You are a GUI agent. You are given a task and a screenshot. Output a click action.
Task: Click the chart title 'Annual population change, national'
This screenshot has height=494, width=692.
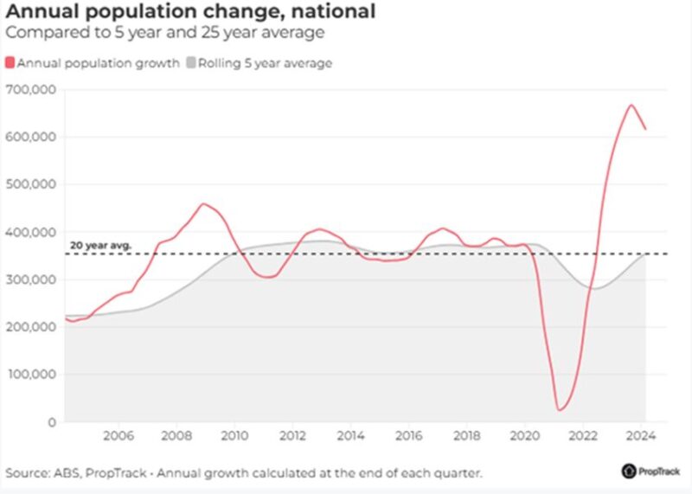[190, 12]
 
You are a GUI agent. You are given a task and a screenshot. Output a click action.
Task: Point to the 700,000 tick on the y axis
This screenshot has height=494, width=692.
[32, 89]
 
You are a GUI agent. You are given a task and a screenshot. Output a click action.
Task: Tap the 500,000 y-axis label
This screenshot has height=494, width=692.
[32, 184]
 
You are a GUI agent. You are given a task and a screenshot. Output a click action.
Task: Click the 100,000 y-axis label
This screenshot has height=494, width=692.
[32, 375]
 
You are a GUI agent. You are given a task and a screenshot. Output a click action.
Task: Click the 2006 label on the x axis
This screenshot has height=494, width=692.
[119, 437]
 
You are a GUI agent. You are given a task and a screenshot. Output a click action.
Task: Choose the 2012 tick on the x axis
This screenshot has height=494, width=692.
[292, 437]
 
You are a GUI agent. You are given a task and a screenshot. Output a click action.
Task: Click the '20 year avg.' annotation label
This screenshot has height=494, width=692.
[100, 246]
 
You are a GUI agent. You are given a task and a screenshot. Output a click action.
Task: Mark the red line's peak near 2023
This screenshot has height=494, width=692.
[631, 106]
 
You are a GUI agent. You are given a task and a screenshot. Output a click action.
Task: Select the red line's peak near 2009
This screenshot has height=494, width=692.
[202, 204]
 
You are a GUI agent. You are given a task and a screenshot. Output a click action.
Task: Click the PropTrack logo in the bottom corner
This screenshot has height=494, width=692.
[650, 472]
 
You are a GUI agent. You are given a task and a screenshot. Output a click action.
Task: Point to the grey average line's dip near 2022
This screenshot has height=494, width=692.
[594, 288]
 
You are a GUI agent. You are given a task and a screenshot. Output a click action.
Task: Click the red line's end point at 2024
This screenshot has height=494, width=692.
[645, 129]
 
